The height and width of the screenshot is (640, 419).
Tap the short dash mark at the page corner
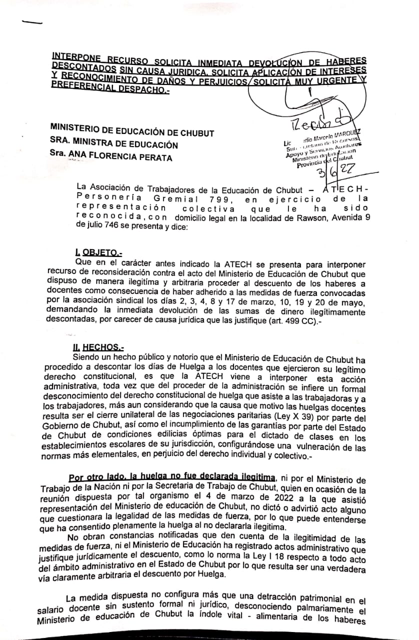32,22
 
